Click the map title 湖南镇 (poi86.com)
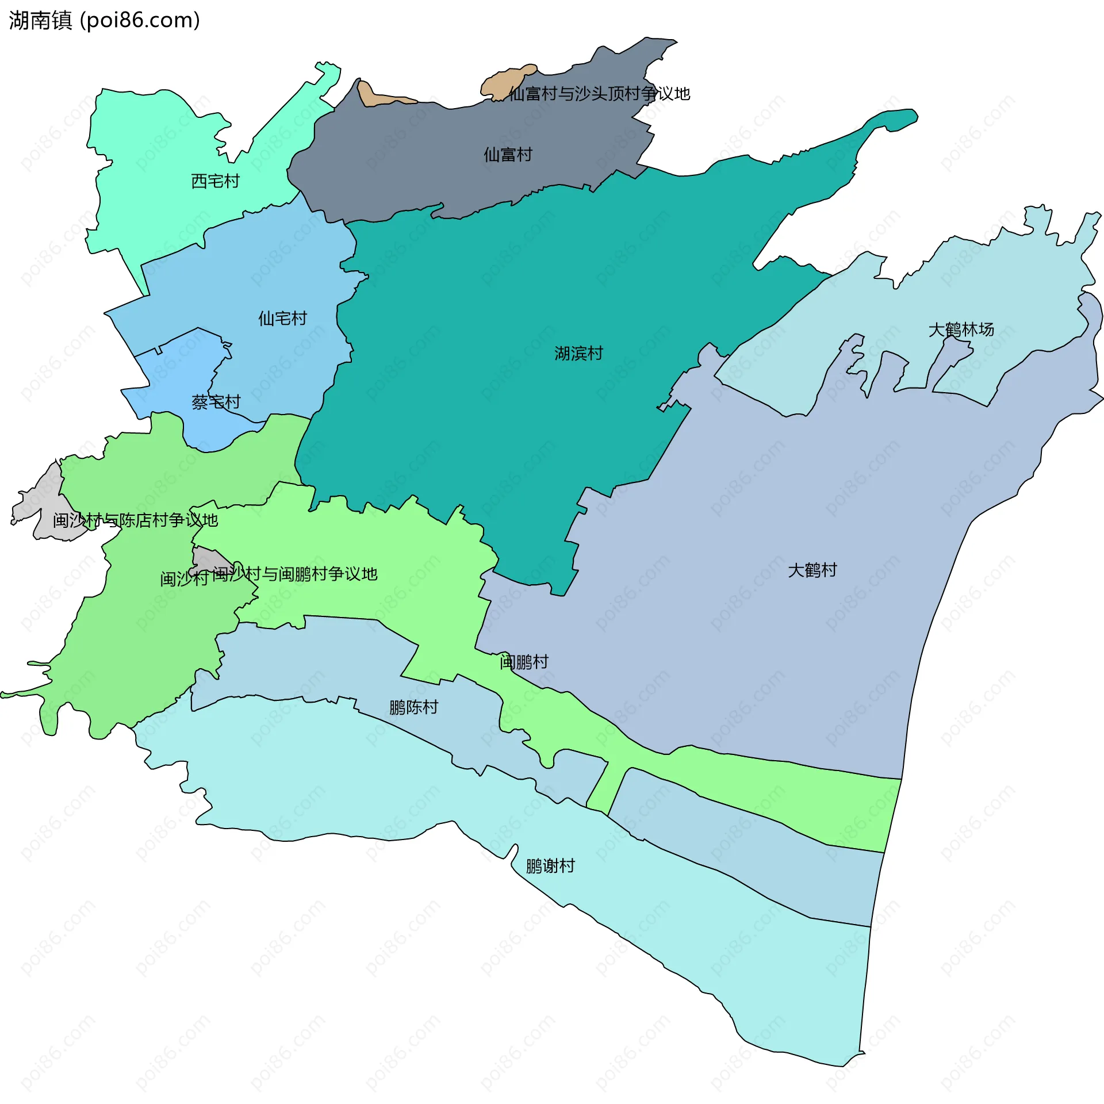click(104, 20)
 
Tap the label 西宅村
click(215, 181)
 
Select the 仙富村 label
click(508, 154)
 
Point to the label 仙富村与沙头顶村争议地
click(599, 93)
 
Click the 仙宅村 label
click(282, 318)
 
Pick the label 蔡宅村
click(216, 402)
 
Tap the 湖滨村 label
click(578, 353)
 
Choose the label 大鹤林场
click(961, 329)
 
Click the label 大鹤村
click(812, 570)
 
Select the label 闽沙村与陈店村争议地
click(135, 520)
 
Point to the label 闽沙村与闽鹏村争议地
click(294, 573)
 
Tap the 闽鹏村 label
click(524, 661)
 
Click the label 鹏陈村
click(413, 707)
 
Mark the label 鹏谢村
click(550, 865)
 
